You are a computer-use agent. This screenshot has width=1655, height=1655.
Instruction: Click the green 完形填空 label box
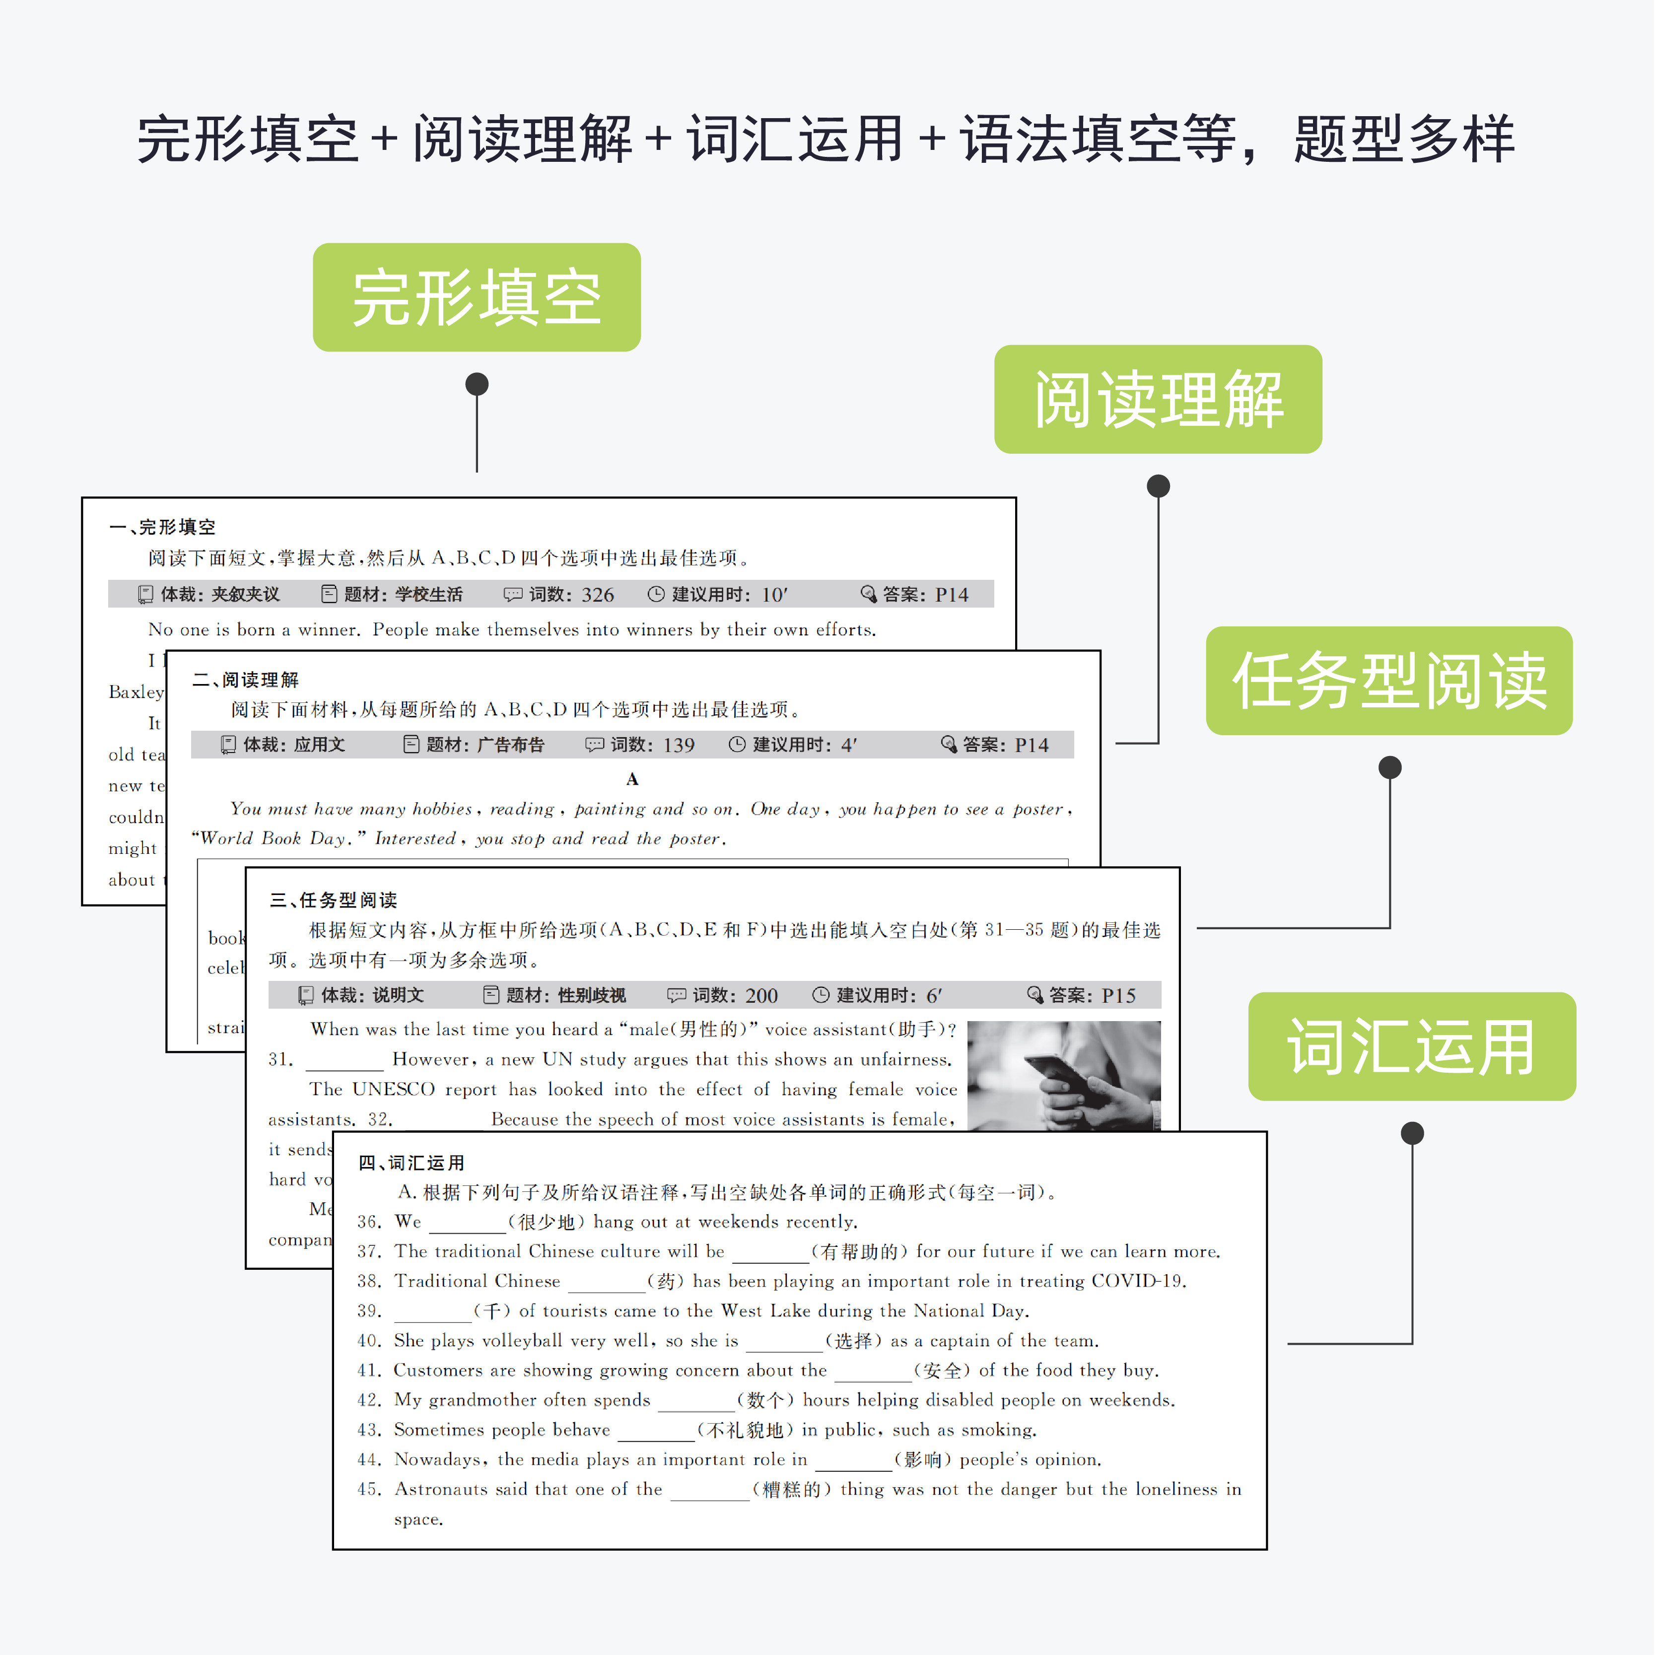click(476, 297)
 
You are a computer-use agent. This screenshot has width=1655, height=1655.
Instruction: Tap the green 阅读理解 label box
click(1157, 399)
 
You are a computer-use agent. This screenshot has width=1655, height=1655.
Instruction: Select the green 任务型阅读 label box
click(1388, 680)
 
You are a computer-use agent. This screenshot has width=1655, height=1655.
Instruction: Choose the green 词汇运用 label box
click(1411, 1046)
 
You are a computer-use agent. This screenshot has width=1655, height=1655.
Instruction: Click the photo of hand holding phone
click(1063, 1076)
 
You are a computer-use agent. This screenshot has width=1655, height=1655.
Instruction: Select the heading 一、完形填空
click(163, 527)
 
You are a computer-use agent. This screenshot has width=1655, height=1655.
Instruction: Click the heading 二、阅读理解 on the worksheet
click(246, 679)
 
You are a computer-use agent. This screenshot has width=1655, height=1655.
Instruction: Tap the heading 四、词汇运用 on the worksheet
click(411, 1163)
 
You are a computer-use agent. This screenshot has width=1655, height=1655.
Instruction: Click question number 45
click(369, 1489)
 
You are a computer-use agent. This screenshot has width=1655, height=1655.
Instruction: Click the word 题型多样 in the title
click(1403, 139)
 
